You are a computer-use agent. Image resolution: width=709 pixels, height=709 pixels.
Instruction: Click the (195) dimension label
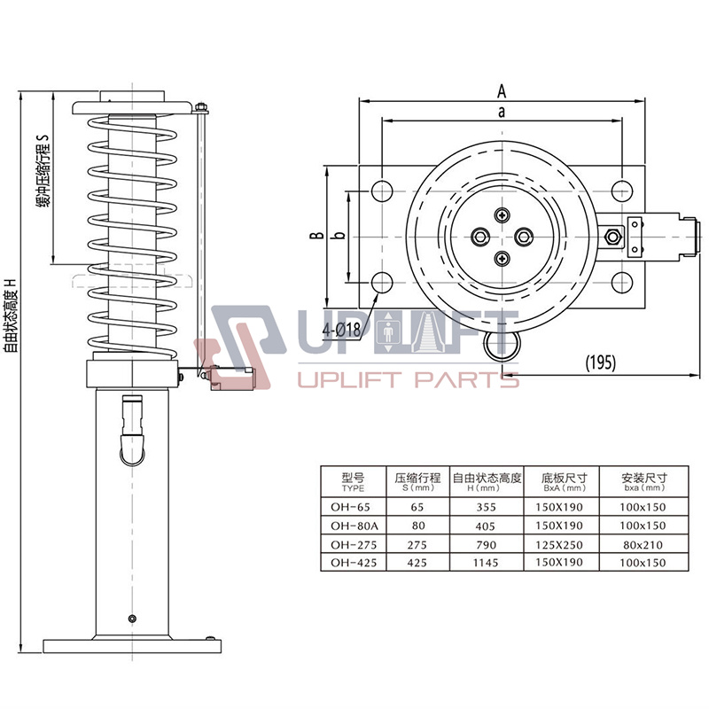(x=600, y=362)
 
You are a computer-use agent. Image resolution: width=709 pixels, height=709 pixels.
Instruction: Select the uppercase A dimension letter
(x=502, y=90)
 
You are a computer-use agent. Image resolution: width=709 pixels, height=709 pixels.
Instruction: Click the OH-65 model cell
(x=347, y=507)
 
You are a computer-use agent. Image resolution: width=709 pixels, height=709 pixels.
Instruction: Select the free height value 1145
(x=487, y=563)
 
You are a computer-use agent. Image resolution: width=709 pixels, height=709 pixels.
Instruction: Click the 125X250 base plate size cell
(x=562, y=544)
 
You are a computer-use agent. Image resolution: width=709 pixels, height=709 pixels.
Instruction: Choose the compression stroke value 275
(x=417, y=544)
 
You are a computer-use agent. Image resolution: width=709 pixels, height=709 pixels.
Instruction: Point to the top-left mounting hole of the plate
(x=382, y=190)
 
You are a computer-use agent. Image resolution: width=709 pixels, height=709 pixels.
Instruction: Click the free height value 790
(x=487, y=544)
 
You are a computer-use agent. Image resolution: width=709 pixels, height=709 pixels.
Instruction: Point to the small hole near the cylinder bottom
(x=132, y=618)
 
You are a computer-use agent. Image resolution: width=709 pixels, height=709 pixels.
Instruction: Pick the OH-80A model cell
(x=348, y=526)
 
